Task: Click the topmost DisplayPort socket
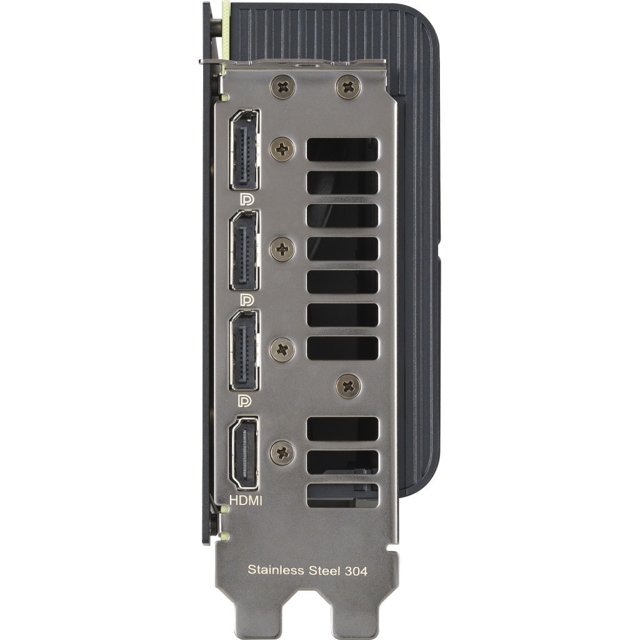[245, 150]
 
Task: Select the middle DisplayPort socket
[245, 250]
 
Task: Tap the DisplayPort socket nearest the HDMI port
[245, 351]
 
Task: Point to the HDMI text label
[246, 500]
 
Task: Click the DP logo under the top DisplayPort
[247, 199]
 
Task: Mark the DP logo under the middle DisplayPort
[247, 300]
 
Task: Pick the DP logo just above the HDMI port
[247, 399]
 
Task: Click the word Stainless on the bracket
[274, 570]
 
